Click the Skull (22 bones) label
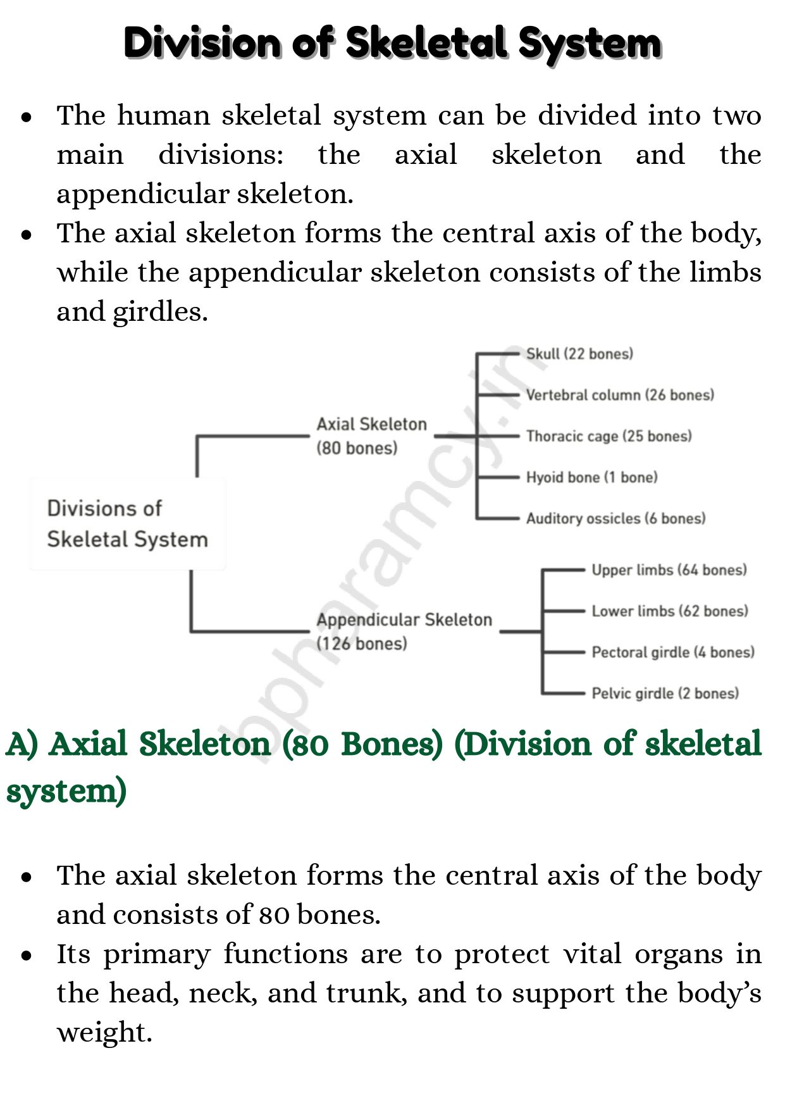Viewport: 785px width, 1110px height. click(579, 354)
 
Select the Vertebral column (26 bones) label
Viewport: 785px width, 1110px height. click(619, 395)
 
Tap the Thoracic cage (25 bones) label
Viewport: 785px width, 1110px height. click(609, 436)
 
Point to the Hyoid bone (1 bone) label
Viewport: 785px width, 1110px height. click(591, 477)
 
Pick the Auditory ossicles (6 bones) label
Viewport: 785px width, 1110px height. click(615, 518)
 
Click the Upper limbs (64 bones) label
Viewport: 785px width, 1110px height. click(669, 570)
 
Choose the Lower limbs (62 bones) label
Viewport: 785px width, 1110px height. click(669, 611)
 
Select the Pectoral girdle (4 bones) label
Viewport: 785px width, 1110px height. click(672, 652)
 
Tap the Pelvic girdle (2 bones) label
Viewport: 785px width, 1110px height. click(665, 694)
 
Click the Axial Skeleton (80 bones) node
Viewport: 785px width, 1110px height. click(371, 436)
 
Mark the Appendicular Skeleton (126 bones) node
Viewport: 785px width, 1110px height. click(404, 632)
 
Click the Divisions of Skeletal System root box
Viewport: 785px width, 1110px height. click(127, 524)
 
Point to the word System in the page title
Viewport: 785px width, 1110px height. click(590, 43)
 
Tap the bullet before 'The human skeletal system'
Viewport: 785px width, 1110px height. click(27, 117)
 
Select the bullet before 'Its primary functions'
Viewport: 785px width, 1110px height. click(27, 956)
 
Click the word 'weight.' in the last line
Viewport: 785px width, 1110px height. click(104, 1032)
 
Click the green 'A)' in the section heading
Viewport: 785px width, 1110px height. click(22, 744)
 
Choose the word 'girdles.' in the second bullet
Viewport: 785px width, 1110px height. click(160, 312)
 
